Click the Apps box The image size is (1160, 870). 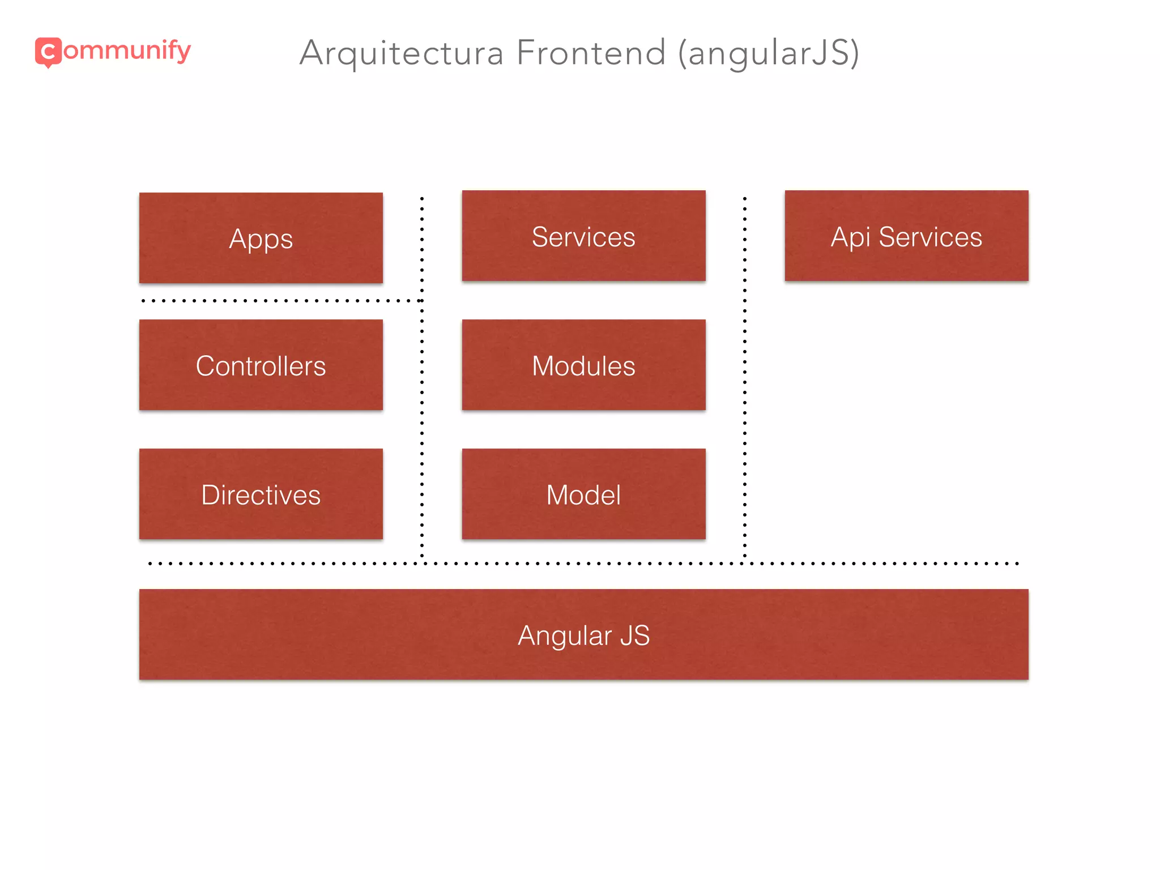(x=261, y=238)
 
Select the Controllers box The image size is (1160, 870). (x=261, y=365)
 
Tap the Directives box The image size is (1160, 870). (x=261, y=494)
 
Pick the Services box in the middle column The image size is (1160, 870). (x=583, y=236)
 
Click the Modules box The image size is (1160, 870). (x=583, y=365)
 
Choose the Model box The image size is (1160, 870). (x=583, y=494)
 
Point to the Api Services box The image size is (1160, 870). (x=906, y=236)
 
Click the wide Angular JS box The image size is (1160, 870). (x=583, y=634)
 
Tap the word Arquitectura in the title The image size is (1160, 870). (x=401, y=53)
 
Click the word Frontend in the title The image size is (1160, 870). (x=591, y=53)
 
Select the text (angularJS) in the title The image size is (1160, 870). (x=769, y=53)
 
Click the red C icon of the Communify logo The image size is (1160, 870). (x=48, y=52)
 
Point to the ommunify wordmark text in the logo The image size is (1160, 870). (x=127, y=51)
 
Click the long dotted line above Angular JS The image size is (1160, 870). (x=583, y=564)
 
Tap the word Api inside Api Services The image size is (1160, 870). (x=850, y=237)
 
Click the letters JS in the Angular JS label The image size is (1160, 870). (x=634, y=636)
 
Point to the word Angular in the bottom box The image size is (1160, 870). (x=564, y=636)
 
